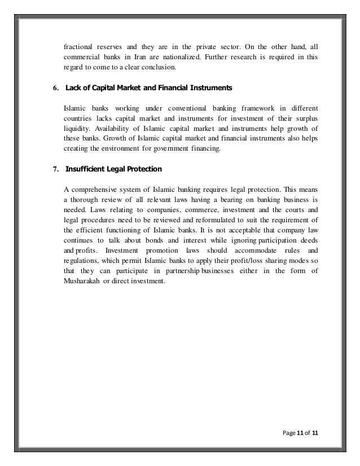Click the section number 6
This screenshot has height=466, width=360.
55,88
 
